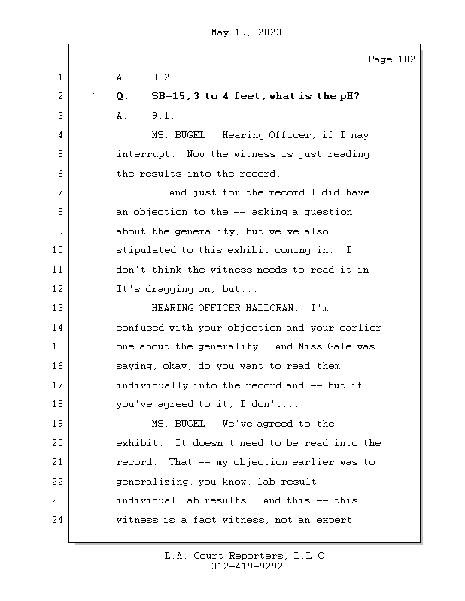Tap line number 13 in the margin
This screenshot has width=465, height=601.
[x=59, y=308]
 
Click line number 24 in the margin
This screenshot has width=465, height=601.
[x=59, y=519]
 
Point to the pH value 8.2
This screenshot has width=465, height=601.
[x=163, y=77]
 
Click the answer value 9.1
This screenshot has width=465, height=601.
[x=163, y=116]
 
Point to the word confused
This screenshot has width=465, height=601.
[x=139, y=328]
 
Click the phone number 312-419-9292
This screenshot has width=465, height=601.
[x=247, y=567]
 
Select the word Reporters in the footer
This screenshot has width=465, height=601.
[x=254, y=556]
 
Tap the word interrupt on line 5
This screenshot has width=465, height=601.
[x=142, y=154]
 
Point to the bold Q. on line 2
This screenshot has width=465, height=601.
[x=123, y=96]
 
